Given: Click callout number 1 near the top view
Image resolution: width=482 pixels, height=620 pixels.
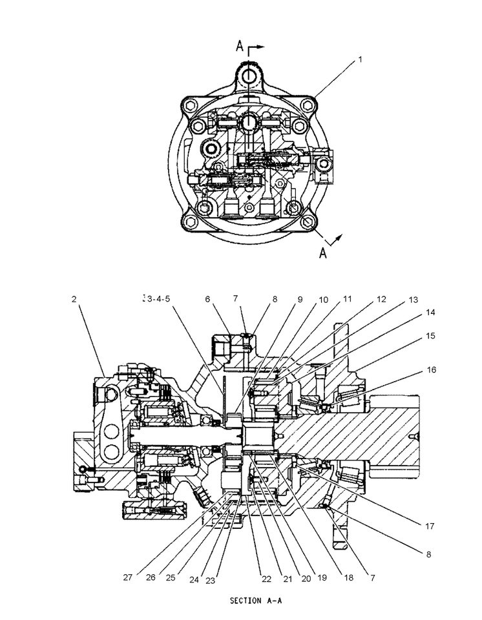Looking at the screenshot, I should pyautogui.click(x=361, y=59).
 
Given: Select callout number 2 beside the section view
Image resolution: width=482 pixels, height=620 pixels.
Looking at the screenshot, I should pyautogui.click(x=74, y=299).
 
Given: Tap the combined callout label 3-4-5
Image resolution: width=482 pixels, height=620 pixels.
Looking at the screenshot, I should pyautogui.click(x=156, y=299).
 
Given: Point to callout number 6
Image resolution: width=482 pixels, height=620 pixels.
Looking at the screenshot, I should pyautogui.click(x=208, y=299).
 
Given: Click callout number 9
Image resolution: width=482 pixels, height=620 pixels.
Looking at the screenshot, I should pyautogui.click(x=299, y=299).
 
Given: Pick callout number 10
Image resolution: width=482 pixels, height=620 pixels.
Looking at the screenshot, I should pyautogui.click(x=323, y=299).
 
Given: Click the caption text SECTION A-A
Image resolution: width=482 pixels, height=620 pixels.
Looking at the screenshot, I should pyautogui.click(x=256, y=600).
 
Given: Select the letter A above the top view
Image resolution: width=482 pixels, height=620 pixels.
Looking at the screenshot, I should pyautogui.click(x=239, y=46).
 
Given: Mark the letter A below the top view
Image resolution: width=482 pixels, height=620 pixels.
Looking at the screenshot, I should pyautogui.click(x=323, y=253).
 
